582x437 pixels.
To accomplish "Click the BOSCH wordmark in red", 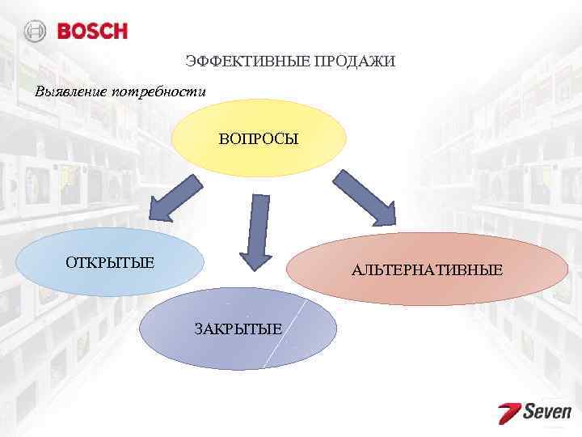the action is click(x=92, y=32).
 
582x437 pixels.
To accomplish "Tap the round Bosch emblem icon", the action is click(x=36, y=32).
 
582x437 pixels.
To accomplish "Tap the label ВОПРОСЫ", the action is click(x=258, y=139).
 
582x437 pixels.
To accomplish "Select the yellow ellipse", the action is click(x=259, y=158).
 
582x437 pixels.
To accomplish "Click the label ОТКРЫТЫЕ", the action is click(x=110, y=262).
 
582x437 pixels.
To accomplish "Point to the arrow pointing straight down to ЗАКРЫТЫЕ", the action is click(x=256, y=231).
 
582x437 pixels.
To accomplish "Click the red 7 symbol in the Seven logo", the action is click(x=509, y=413).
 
